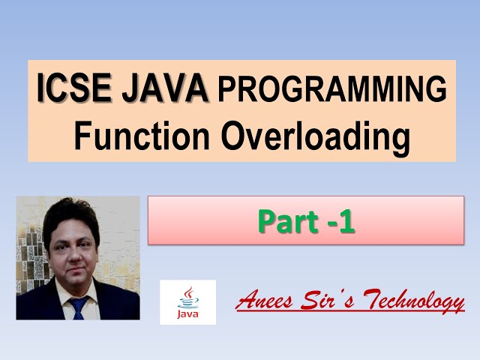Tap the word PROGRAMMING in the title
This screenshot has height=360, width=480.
[331, 91]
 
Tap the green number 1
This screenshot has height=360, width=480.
[346, 221]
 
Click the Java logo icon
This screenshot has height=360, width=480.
[187, 302]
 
